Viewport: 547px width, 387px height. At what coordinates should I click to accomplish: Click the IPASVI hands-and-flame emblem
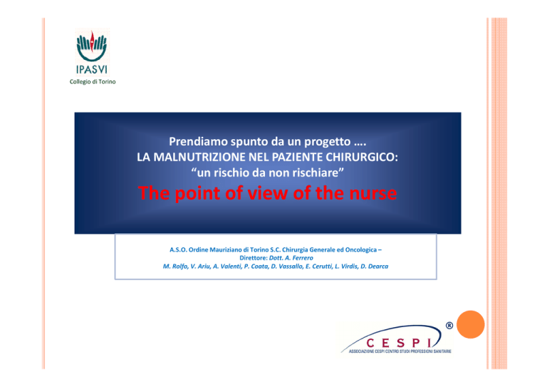(x=92, y=46)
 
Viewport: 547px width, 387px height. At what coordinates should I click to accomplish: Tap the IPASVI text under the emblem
(x=92, y=69)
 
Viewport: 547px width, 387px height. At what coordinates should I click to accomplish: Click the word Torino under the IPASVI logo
(x=107, y=82)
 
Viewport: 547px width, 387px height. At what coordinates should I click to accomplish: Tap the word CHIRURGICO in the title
(x=362, y=157)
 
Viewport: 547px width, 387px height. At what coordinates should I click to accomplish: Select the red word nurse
(x=373, y=193)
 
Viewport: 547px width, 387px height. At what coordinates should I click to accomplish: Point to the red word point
(x=197, y=194)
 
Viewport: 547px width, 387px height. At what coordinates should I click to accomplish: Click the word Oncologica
(x=360, y=249)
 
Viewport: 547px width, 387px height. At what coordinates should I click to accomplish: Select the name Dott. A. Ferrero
(x=291, y=258)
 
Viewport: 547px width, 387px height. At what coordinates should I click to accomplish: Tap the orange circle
(x=470, y=324)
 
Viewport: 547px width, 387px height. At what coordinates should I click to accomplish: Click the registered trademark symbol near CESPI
(x=449, y=326)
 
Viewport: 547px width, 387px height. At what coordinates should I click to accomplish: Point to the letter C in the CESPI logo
(x=370, y=344)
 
